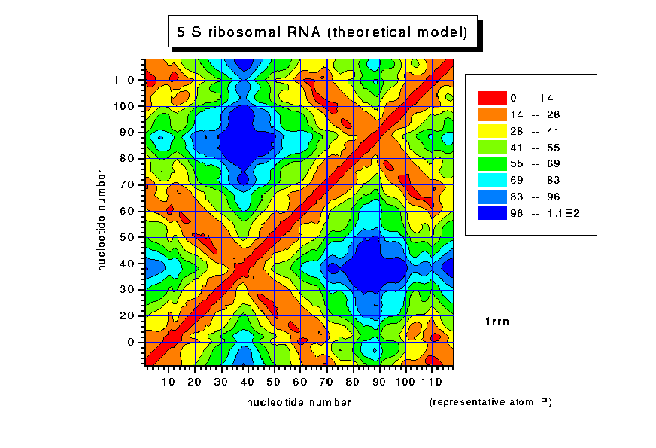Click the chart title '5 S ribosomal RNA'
(322, 33)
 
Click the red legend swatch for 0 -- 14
(492, 98)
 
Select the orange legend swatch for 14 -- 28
(492, 114)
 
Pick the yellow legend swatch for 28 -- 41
(492, 131)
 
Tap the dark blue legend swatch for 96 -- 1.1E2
(492, 213)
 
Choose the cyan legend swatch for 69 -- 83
(492, 180)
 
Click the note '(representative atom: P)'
(490, 402)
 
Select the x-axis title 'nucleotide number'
(299, 402)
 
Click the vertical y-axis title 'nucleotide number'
(101, 220)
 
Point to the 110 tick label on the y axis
(125, 80)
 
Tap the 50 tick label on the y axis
(128, 237)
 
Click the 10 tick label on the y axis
(128, 342)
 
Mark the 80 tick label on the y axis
(128, 158)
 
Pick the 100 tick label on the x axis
(406, 382)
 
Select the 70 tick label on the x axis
(327, 382)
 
